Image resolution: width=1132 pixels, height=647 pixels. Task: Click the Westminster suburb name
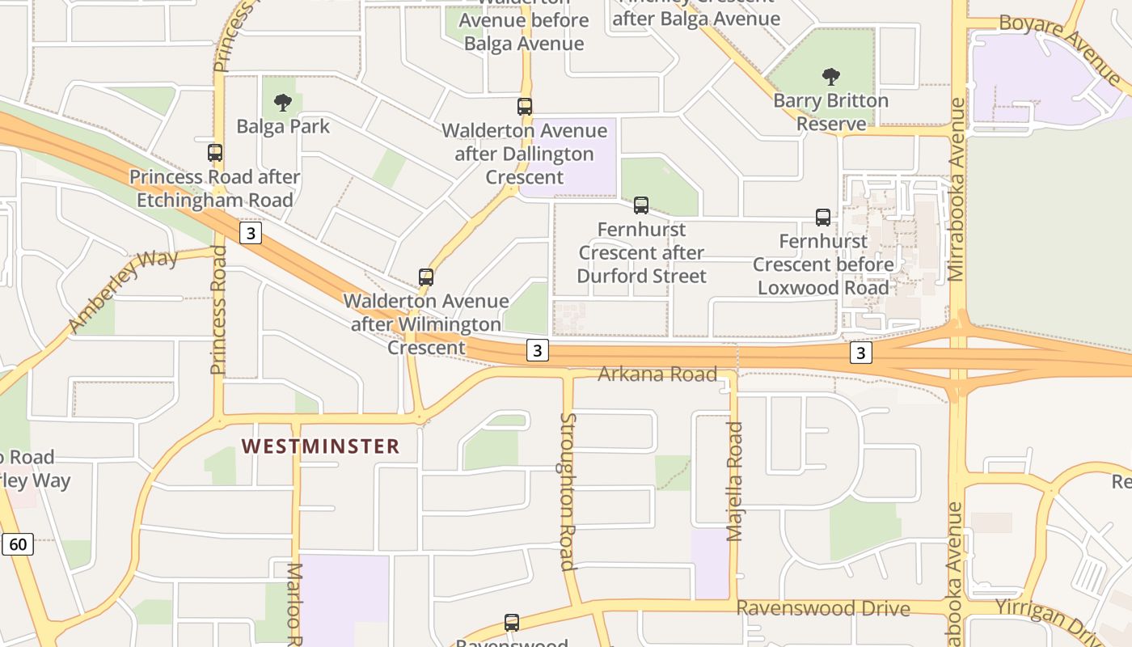tap(320, 446)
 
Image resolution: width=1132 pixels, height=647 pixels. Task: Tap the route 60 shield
tap(18, 544)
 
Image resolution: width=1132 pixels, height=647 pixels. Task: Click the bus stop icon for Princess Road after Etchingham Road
tap(215, 153)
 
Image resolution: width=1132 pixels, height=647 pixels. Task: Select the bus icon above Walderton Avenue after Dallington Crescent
tap(525, 107)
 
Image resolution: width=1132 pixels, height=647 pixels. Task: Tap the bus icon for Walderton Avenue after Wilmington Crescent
tap(426, 277)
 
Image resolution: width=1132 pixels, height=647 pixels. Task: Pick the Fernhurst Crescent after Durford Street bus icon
tap(641, 205)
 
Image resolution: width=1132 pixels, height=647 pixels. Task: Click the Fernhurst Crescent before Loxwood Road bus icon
tap(823, 218)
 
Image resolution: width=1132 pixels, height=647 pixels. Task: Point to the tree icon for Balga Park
tap(282, 103)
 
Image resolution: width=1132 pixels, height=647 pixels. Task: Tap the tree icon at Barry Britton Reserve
tap(830, 78)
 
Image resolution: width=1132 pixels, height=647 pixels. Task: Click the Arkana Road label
tap(657, 374)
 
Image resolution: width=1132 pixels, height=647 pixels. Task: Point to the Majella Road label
tap(734, 481)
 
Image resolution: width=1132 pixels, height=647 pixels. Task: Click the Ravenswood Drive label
tap(823, 608)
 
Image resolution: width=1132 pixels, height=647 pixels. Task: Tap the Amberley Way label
tap(123, 291)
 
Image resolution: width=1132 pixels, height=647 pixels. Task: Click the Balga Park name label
tap(283, 126)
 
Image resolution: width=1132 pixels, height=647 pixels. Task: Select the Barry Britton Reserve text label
tap(830, 112)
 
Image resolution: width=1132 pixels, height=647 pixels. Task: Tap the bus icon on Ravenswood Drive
tap(512, 623)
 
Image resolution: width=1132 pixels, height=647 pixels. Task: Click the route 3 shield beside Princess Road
tap(251, 234)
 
